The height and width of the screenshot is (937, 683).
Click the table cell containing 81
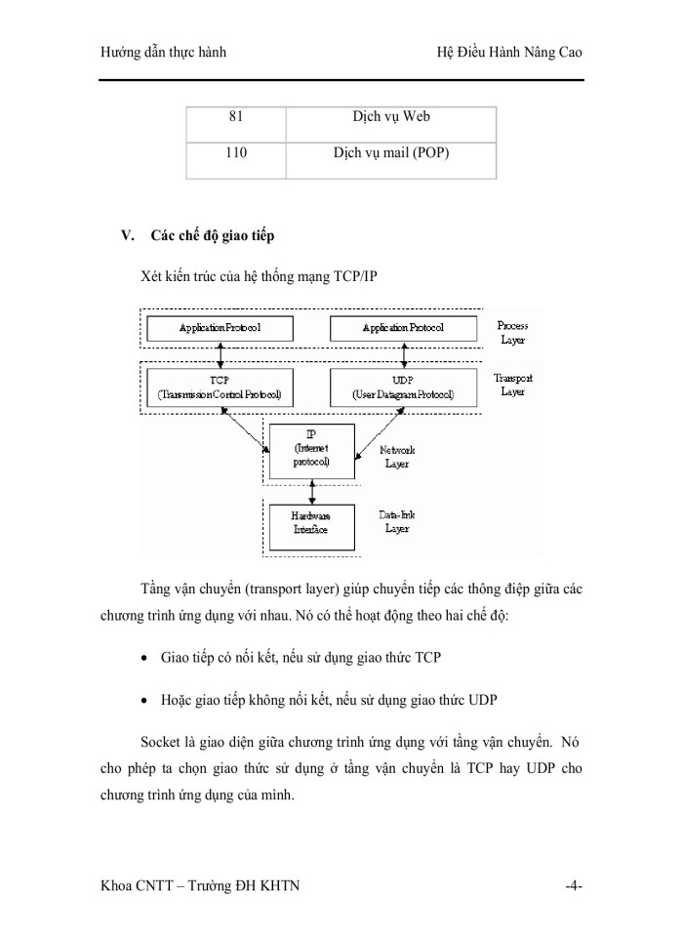pos(235,117)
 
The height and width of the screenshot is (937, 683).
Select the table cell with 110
pos(235,153)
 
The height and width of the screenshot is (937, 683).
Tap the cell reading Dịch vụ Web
pos(390,117)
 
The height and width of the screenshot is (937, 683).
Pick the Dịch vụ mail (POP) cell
pos(390,153)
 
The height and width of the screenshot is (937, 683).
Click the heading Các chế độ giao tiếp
pos(213,236)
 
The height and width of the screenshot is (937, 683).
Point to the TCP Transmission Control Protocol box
pos(219,387)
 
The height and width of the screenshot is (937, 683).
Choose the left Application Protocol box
pos(219,328)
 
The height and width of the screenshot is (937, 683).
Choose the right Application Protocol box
pos(402,328)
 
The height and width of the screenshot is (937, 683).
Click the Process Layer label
pos(512,333)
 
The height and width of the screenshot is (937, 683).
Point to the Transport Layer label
pos(512,385)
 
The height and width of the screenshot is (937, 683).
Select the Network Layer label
pos(396,458)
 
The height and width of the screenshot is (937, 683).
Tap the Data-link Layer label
pos(396,521)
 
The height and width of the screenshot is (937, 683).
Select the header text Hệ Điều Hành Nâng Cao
pos(508,52)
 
